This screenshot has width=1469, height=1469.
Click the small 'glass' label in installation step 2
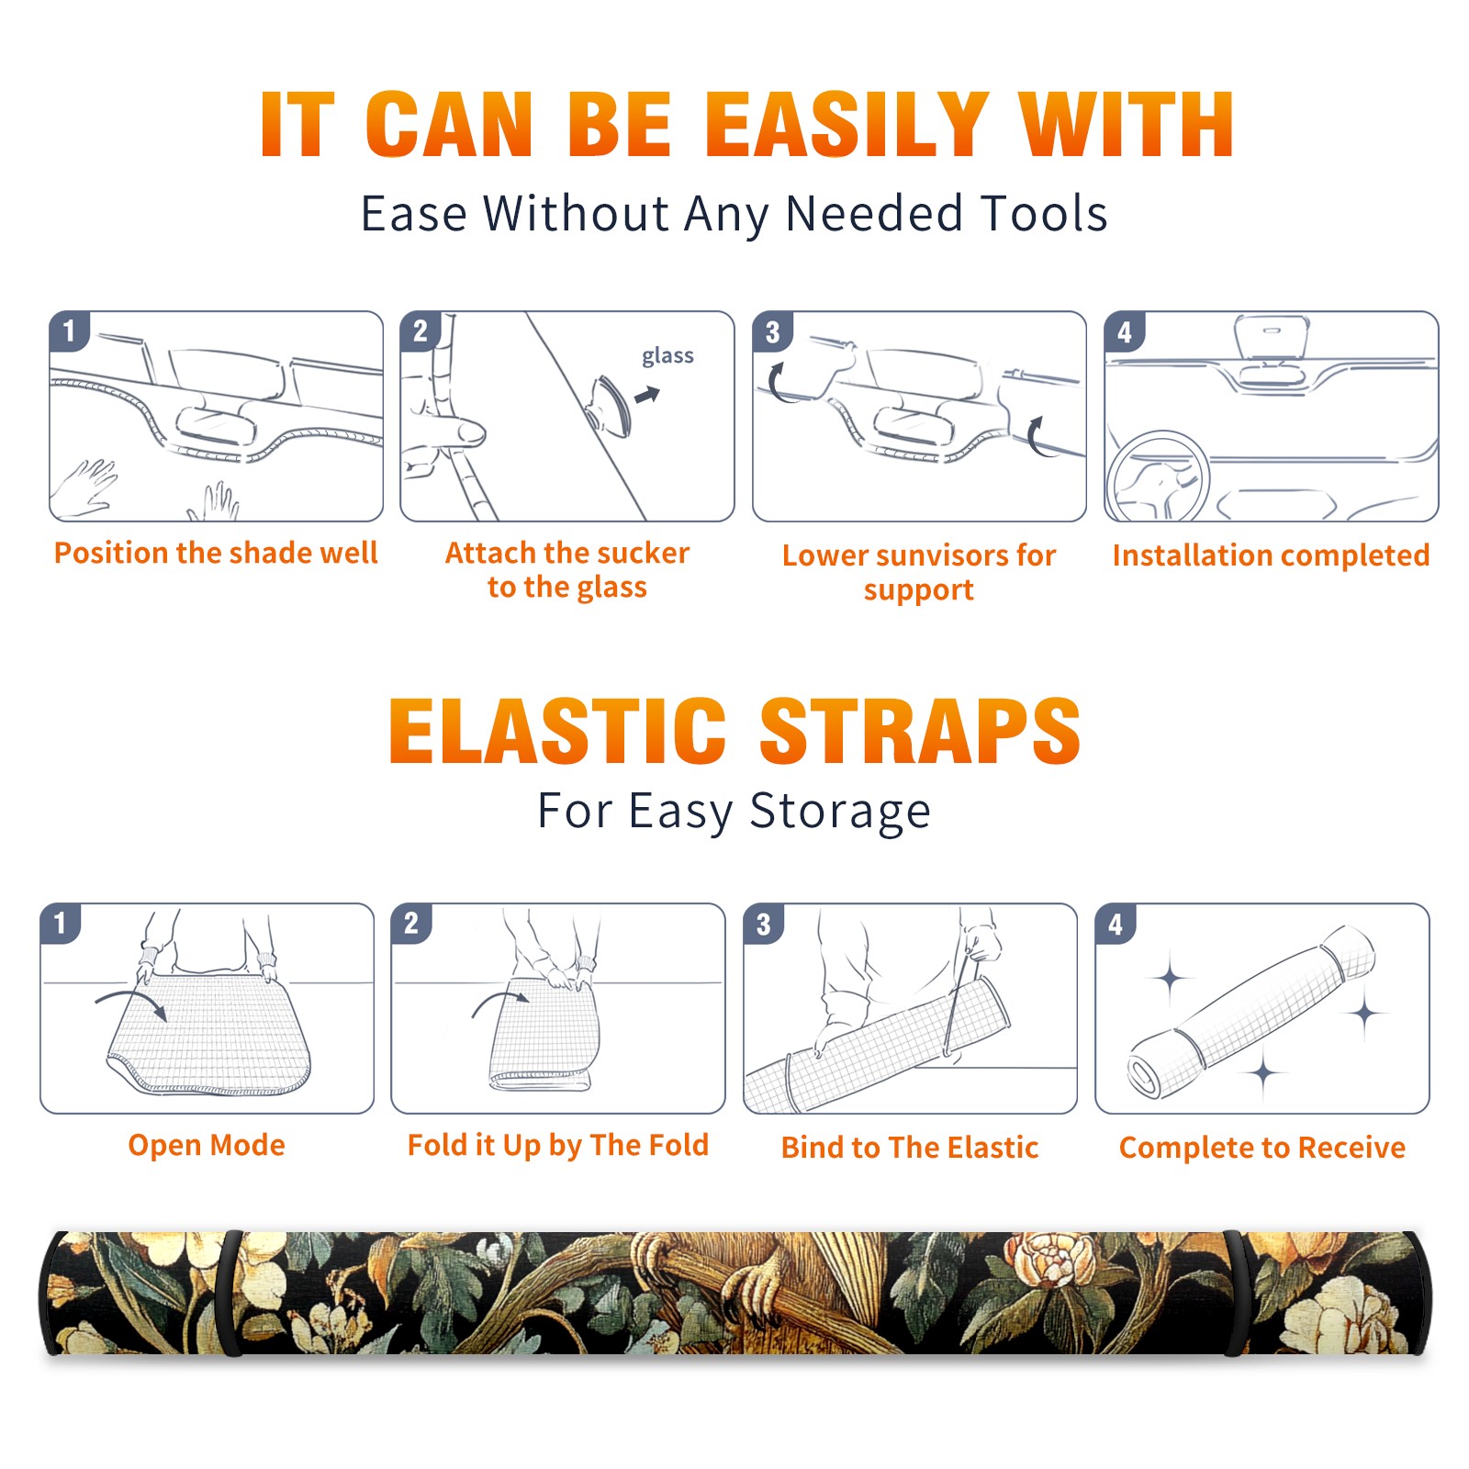(x=667, y=355)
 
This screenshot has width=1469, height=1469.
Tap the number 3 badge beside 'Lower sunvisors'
(x=772, y=332)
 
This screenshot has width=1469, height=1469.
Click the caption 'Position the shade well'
(x=216, y=553)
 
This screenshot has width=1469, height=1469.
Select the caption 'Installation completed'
(x=1271, y=555)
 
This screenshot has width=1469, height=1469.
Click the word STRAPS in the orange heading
(x=920, y=731)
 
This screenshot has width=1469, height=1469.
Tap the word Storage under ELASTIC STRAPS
(x=840, y=812)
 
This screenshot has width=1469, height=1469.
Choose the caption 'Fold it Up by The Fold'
(x=558, y=1146)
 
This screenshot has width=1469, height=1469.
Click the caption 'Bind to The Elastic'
(x=910, y=1148)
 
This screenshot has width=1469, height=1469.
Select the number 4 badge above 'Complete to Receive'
(x=1116, y=924)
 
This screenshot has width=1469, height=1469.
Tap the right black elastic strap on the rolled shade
(x=1234, y=1294)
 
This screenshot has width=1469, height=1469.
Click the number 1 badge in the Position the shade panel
(x=69, y=331)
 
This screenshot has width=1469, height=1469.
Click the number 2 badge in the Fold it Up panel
(x=411, y=924)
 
